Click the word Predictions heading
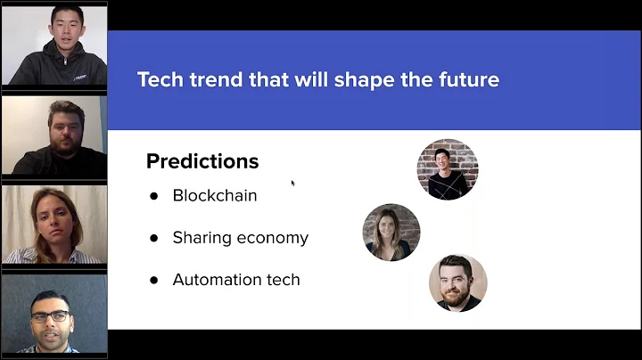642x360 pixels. tap(202, 161)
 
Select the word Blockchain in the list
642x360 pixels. tap(215, 195)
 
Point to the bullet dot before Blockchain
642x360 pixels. tap(153, 196)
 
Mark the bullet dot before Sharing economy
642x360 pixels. tap(153, 238)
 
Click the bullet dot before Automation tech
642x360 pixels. tap(153, 280)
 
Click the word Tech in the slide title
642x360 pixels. tap(156, 79)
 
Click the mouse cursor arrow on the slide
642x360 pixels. tap(292, 183)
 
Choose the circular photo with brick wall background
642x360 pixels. tap(448, 168)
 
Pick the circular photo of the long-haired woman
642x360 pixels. tap(391, 232)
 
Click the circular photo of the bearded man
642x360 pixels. tap(457, 282)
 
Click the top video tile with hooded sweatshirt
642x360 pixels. tap(53, 45)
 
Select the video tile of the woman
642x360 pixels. tap(53, 225)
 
